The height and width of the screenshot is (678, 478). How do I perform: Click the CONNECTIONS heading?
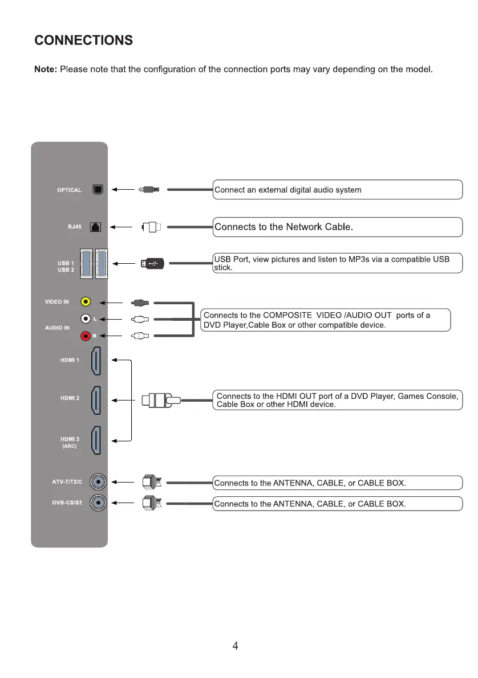83,40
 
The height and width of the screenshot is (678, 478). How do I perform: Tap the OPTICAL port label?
69,190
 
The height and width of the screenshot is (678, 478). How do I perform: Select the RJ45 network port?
96,227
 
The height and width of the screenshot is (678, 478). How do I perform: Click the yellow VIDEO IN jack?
86,302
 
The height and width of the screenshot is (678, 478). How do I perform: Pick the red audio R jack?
86,336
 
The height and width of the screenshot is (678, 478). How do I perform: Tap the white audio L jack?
86,319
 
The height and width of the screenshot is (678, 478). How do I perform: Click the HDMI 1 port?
96,361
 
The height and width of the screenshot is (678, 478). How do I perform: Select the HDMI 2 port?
96,401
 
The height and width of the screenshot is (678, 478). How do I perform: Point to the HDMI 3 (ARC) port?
96,440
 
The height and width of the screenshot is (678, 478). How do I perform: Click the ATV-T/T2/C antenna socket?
99,482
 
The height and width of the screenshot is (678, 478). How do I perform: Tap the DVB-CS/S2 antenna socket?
99,503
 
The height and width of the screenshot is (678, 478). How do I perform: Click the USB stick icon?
153,264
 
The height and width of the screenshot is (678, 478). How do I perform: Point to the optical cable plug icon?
149,190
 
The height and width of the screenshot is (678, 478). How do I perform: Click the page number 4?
235,646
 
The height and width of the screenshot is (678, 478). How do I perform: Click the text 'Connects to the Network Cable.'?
284,227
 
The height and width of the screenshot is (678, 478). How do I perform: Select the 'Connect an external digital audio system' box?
337,190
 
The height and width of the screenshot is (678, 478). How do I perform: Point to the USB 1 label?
66,263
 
